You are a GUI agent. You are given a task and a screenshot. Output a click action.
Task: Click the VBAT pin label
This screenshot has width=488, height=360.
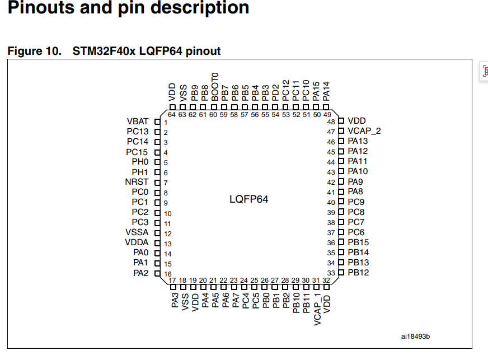[138, 121]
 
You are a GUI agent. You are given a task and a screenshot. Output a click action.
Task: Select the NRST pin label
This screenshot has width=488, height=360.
[137, 182]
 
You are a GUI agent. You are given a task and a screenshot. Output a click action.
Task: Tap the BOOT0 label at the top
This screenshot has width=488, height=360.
[215, 87]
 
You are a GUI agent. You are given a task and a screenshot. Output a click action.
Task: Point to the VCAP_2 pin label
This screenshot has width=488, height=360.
[364, 131]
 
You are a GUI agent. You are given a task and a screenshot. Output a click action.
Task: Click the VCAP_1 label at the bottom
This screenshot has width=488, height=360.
[317, 309]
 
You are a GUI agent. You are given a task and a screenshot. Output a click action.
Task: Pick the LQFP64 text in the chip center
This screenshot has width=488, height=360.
[248, 199]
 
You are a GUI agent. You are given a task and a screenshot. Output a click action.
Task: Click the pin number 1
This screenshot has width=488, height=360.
[166, 123]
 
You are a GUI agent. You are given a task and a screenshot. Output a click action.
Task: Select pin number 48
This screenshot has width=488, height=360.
[331, 121]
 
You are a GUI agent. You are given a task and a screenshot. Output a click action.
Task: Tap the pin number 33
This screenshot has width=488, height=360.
[331, 273]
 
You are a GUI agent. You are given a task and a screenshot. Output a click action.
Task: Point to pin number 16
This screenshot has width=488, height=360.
[168, 274]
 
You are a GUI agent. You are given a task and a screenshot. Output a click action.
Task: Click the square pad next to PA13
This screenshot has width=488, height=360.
[341, 141]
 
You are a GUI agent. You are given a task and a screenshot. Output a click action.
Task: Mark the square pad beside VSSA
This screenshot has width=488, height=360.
[157, 233]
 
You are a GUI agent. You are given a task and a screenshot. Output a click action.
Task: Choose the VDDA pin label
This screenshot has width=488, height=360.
[137, 242]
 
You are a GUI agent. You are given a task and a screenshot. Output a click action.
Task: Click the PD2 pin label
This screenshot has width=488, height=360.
[275, 93]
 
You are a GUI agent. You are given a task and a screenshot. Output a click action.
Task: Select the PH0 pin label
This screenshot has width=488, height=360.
[140, 162]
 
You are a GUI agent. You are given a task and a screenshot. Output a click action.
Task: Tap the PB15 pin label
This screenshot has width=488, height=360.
[358, 242]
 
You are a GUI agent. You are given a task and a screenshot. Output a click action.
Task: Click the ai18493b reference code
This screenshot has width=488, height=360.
[415, 336]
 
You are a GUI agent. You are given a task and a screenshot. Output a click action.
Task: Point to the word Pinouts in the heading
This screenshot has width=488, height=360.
[41, 7]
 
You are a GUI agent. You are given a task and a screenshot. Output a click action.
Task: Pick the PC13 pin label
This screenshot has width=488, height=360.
[138, 132]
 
